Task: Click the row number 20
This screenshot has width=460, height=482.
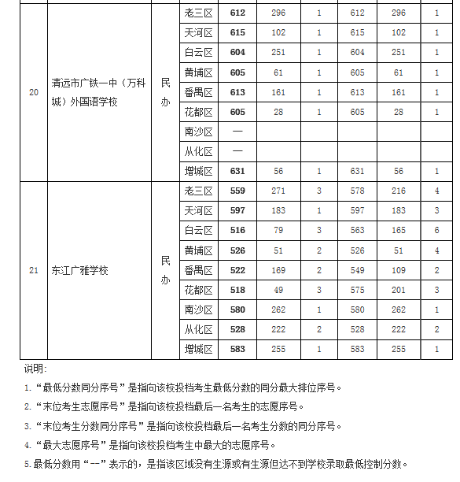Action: pyautogui.click(x=33, y=92)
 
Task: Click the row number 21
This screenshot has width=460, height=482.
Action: pyautogui.click(x=33, y=270)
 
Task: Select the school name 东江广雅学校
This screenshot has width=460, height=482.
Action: pyautogui.click(x=79, y=270)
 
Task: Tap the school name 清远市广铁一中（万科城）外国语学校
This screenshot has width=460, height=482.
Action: pyautogui.click(x=95, y=92)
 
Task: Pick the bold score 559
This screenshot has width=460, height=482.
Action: pyautogui.click(x=237, y=191)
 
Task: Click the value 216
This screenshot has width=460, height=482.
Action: pyautogui.click(x=398, y=191)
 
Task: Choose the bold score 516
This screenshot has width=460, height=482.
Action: pyautogui.click(x=237, y=230)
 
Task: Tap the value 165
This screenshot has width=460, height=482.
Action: pyautogui.click(x=398, y=230)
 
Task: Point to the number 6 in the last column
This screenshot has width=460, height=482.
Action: pyautogui.click(x=436, y=230)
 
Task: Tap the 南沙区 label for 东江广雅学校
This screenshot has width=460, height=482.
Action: pyautogui.click(x=198, y=310)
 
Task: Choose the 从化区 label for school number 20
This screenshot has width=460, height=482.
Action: pyautogui.click(x=198, y=151)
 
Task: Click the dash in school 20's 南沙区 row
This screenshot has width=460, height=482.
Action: pyautogui.click(x=237, y=132)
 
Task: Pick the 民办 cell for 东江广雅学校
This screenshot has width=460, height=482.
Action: pyautogui.click(x=165, y=270)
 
